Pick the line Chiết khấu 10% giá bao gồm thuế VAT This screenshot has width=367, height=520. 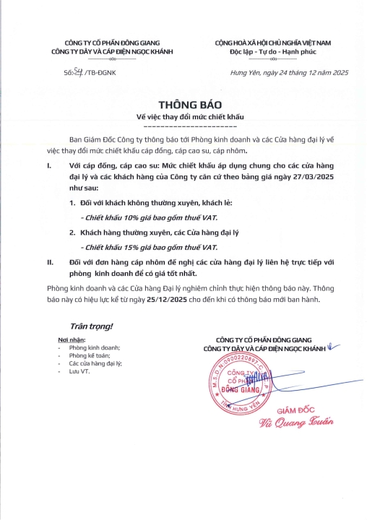[x=150, y=217]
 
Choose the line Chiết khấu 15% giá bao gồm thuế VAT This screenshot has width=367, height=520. [x=150, y=247]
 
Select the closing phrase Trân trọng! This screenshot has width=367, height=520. [x=91, y=326]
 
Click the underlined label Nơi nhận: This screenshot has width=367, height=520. [x=72, y=339]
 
